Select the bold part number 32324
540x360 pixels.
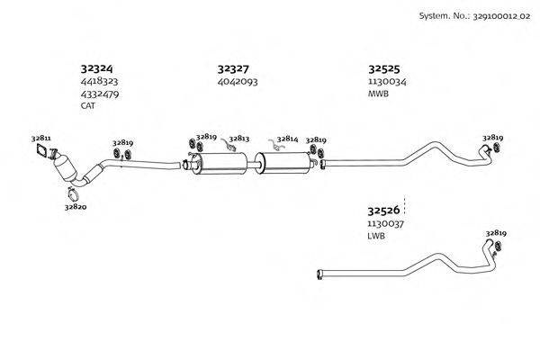pyautogui.click(x=97, y=67)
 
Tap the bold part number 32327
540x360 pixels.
pyautogui.click(x=233, y=67)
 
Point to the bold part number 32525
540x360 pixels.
pyautogui.click(x=384, y=67)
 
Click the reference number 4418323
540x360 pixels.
pyautogui.click(x=100, y=81)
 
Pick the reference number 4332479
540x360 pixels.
pyautogui.click(x=100, y=93)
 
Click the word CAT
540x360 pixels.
pyautogui.click(x=88, y=105)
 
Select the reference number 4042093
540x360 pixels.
pyautogui.click(x=238, y=81)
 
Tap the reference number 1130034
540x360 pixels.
pyautogui.click(x=387, y=81)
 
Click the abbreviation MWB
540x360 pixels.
pyautogui.click(x=378, y=94)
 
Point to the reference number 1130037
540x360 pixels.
pyautogui.click(x=385, y=223)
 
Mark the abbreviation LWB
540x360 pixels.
pyautogui.click(x=376, y=236)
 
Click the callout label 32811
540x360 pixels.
pyautogui.click(x=41, y=138)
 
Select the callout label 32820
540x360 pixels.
pyautogui.click(x=76, y=206)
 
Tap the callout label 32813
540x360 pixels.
pyautogui.click(x=239, y=139)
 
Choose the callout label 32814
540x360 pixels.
pyautogui.click(x=287, y=139)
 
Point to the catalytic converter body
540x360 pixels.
pyautogui.click(x=67, y=170)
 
